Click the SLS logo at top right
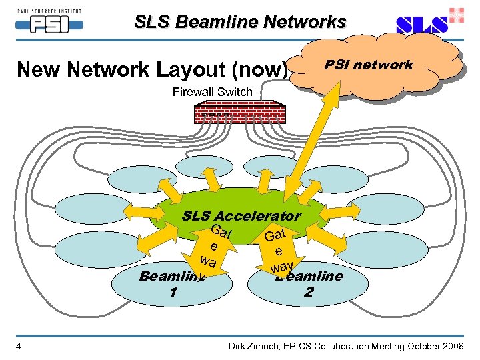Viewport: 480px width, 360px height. (x=421, y=25)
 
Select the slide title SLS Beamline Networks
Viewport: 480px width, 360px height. (x=240, y=22)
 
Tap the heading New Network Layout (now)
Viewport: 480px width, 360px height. (x=152, y=69)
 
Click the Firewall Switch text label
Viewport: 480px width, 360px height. (x=212, y=92)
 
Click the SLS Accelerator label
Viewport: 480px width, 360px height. (x=241, y=216)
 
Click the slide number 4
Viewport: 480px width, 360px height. (x=19, y=345)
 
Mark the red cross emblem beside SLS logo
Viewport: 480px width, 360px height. (x=457, y=15)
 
